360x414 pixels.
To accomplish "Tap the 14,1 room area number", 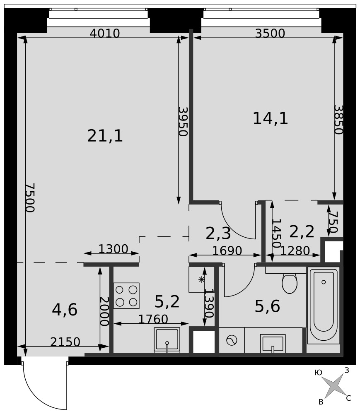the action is point(270,118).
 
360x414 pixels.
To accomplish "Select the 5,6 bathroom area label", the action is point(267,306).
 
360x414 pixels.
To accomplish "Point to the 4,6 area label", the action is point(65,310).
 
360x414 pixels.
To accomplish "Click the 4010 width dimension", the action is point(105,34).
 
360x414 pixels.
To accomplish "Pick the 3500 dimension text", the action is point(270,34).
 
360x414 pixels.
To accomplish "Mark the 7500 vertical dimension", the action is point(30,198).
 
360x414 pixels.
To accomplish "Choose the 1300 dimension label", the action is point(113,249).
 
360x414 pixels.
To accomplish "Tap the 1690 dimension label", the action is point(227,250).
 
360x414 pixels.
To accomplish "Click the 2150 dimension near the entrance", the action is point(65,342).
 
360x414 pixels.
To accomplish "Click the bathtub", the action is point(324,306).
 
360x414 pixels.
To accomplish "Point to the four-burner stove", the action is point(126,296).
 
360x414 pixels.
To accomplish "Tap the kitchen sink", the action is point(167,340).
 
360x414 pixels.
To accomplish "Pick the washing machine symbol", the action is point(232,340).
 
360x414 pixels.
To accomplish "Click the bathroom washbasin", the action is point(273,343).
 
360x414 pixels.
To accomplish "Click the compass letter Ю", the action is point(318,373).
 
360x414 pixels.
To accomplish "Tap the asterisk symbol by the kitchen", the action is point(201,279).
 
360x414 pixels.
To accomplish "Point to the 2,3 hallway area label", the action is point(218,233).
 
